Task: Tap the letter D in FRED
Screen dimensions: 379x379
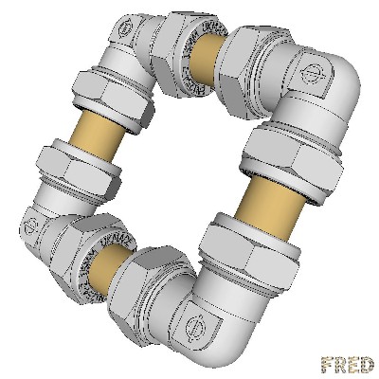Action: (x=367, y=364)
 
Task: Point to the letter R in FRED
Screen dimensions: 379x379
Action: (x=341, y=364)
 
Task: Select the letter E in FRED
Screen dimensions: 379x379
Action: (x=354, y=364)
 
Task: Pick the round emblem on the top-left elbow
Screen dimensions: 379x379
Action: (x=120, y=31)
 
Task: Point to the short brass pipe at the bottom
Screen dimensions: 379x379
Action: (x=111, y=269)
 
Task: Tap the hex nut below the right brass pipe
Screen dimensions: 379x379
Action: (x=251, y=248)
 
